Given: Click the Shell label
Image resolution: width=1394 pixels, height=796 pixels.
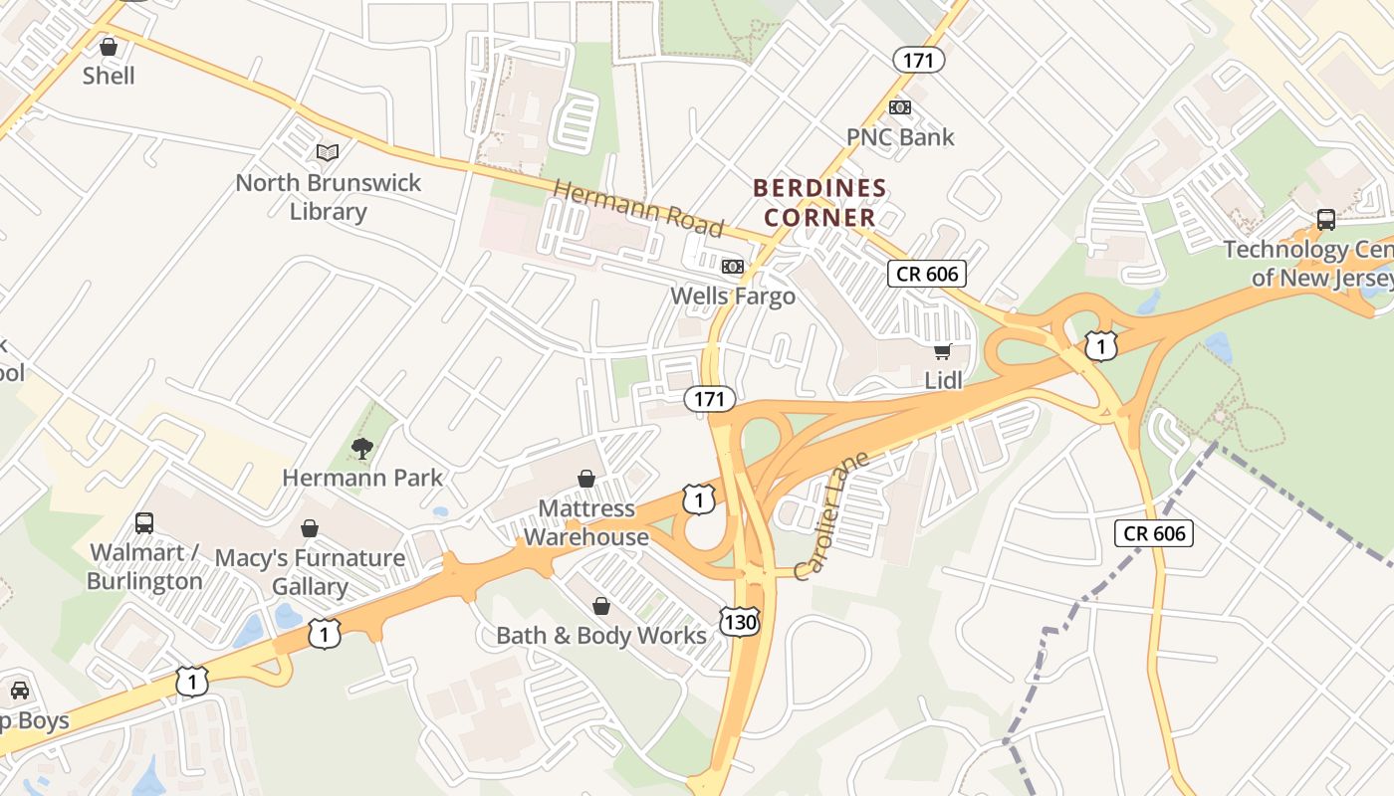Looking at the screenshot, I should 109,76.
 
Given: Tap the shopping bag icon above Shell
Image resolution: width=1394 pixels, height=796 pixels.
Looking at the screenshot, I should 109,47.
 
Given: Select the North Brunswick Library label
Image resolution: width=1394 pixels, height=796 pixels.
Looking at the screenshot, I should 328,197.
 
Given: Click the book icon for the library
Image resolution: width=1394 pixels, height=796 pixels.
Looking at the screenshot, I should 328,152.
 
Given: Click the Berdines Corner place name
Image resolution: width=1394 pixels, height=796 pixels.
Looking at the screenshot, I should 819,202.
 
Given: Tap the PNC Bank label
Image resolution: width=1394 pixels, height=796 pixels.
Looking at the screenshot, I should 899,137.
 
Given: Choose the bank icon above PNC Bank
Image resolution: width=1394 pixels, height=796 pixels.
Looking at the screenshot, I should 899,107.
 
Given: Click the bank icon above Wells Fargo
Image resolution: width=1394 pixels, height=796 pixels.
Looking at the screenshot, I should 733,267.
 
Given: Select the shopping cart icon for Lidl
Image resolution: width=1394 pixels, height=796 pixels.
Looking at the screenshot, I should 942,351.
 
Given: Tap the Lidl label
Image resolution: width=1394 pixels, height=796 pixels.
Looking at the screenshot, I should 944,380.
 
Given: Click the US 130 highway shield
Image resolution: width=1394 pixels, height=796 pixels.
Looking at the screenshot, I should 742,623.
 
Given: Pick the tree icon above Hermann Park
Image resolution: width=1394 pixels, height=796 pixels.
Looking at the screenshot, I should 362,449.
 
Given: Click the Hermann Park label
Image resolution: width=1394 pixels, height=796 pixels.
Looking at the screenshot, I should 362,478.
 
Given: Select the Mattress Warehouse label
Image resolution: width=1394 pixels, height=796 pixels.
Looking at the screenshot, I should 586,522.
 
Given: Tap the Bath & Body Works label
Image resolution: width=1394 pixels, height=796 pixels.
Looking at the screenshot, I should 600,635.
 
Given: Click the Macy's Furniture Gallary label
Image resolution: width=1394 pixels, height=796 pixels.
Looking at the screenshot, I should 310,571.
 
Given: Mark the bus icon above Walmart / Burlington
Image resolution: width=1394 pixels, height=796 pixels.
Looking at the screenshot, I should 144,523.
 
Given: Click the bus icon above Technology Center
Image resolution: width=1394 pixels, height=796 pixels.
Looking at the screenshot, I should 1325,220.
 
